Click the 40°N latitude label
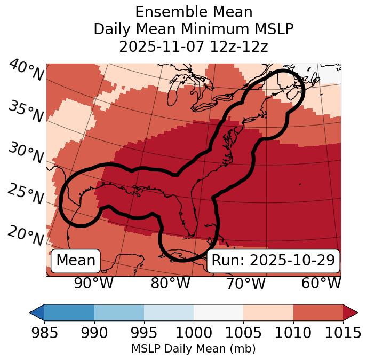26,71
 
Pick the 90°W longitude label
93,283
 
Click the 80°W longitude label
170,283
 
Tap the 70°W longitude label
245,283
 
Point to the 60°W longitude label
321,283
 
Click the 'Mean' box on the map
76,261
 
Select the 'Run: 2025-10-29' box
273,261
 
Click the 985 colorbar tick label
44,333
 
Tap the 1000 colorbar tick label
194,333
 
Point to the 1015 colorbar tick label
342,333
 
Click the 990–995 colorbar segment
119,312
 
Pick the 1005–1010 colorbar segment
268,312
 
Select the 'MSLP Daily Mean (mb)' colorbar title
194,349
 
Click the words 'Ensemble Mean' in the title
194,12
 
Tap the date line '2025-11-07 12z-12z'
194,46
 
